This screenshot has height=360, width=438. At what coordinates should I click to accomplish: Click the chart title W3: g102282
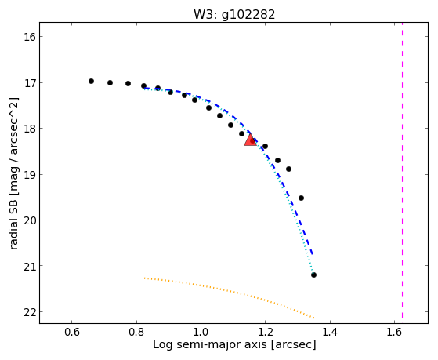coord(234,15)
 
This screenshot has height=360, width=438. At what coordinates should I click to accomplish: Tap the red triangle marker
coord(250,140)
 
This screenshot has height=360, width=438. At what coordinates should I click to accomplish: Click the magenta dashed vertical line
coord(402,170)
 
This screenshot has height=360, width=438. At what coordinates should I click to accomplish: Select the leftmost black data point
coord(91,81)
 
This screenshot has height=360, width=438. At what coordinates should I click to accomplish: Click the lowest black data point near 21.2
coord(313,275)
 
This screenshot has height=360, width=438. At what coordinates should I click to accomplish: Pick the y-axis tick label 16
coord(30,37)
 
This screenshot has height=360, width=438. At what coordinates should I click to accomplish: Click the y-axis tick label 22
coord(30,312)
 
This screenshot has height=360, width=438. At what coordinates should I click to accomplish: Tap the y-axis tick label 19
coord(30,174)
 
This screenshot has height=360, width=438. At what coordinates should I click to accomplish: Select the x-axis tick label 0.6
coord(72,332)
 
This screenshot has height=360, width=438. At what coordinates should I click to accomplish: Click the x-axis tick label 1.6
coord(394,332)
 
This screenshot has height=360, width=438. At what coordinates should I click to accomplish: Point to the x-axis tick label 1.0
coord(201,332)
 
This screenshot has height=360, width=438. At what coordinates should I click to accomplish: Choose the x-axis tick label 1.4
coord(330,332)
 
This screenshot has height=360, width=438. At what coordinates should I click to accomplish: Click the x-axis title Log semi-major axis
coord(210,345)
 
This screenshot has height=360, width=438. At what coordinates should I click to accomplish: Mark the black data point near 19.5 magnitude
coord(301,198)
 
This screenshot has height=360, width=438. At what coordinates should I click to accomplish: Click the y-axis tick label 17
coord(30,83)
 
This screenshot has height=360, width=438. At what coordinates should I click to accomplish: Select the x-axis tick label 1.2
coord(265,332)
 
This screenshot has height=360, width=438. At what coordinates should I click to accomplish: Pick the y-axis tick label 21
coord(30,266)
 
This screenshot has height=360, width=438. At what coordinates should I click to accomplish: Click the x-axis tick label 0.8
coord(136,332)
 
